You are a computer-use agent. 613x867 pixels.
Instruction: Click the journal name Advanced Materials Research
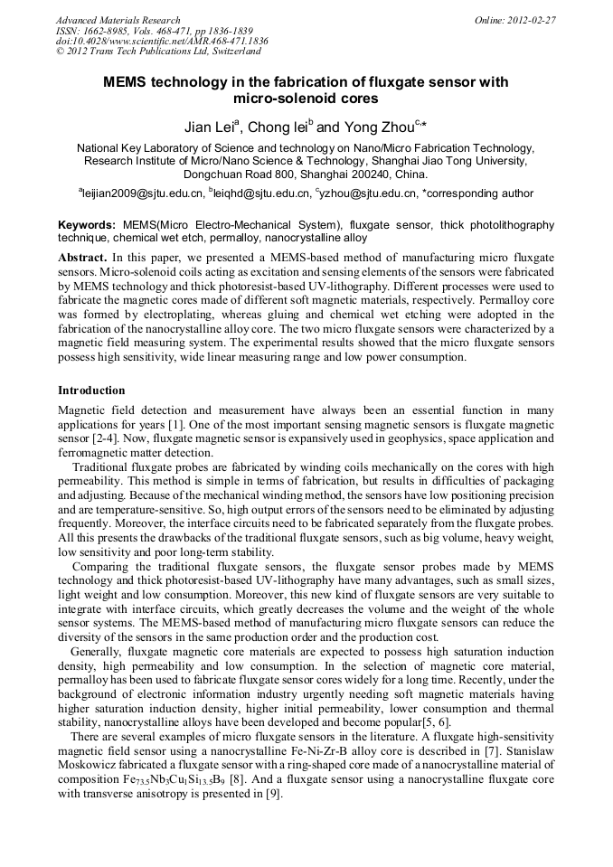click(118, 20)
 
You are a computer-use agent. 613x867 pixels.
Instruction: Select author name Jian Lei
click(209, 126)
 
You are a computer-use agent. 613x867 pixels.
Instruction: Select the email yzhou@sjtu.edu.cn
click(370, 193)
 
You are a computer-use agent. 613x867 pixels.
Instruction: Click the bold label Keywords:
click(87, 224)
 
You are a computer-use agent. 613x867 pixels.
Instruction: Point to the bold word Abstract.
click(83, 258)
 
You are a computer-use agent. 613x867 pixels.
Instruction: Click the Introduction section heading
click(91, 391)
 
